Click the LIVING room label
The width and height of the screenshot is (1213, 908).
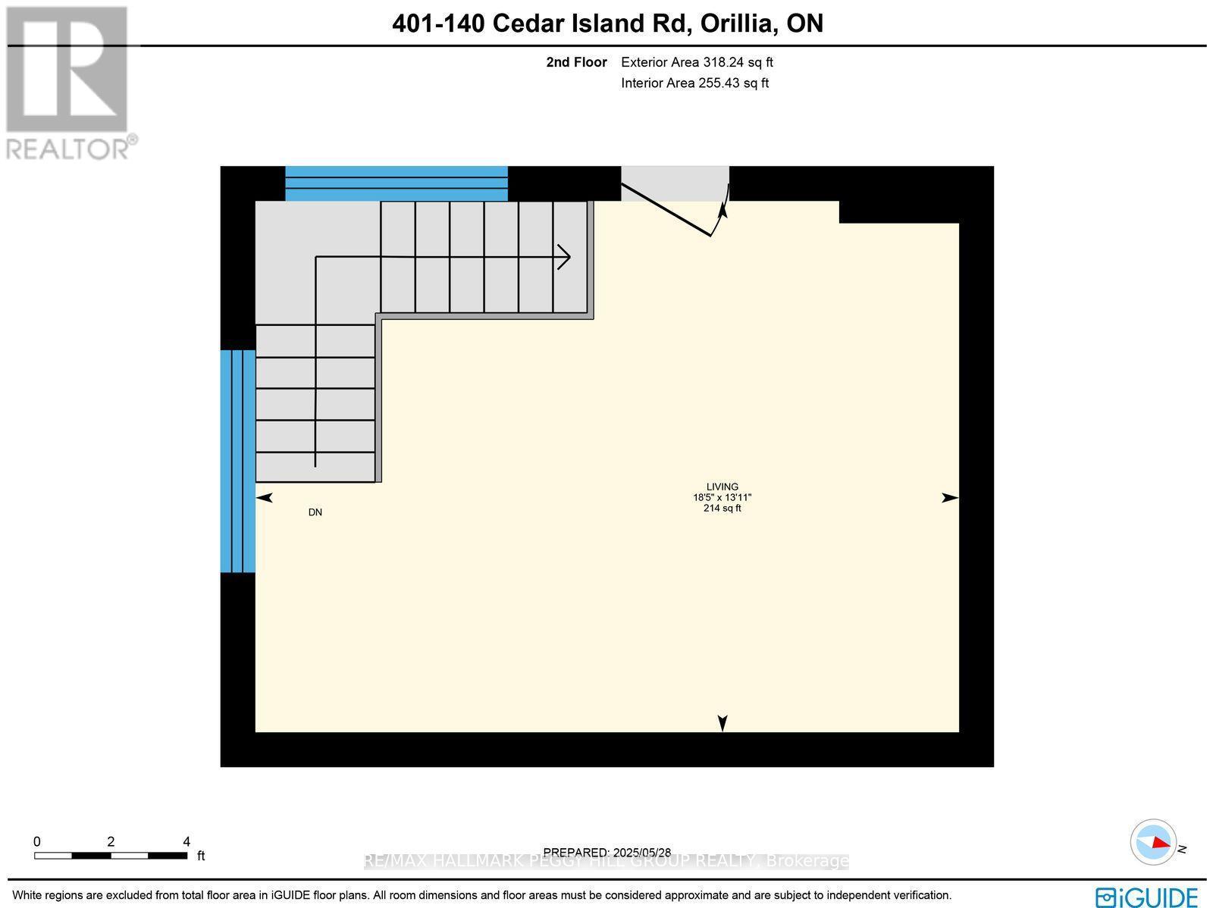click(722, 487)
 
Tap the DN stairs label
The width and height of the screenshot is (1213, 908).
click(315, 512)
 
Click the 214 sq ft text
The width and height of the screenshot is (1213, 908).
click(722, 509)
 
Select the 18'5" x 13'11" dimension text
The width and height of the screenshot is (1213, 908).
click(722, 498)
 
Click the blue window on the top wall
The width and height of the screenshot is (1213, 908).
click(396, 183)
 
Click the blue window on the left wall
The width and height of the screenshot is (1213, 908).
click(237, 461)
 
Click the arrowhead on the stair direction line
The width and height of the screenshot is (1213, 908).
click(565, 256)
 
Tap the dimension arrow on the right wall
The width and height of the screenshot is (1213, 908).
click(950, 498)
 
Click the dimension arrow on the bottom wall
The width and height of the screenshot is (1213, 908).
click(722, 723)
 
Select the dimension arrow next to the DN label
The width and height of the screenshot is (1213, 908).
click(264, 498)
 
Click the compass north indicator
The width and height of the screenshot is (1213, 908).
click(1154, 842)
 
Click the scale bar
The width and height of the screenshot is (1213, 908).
click(111, 856)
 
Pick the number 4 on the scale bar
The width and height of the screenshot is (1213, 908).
click(186, 841)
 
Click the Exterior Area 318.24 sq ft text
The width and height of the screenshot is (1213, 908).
click(697, 63)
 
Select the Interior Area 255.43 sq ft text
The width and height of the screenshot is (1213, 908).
click(694, 83)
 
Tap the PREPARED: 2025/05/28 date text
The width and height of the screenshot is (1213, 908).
click(607, 853)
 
